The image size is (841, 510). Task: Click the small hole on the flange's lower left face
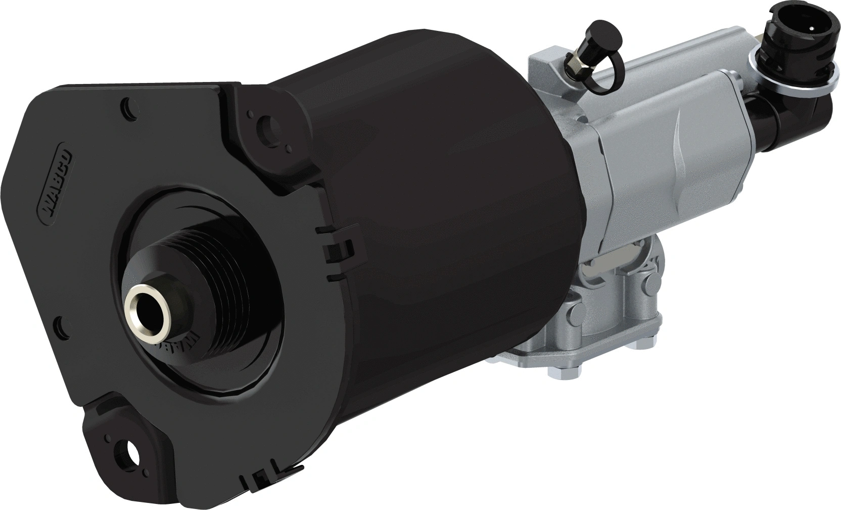pos(61,323)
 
